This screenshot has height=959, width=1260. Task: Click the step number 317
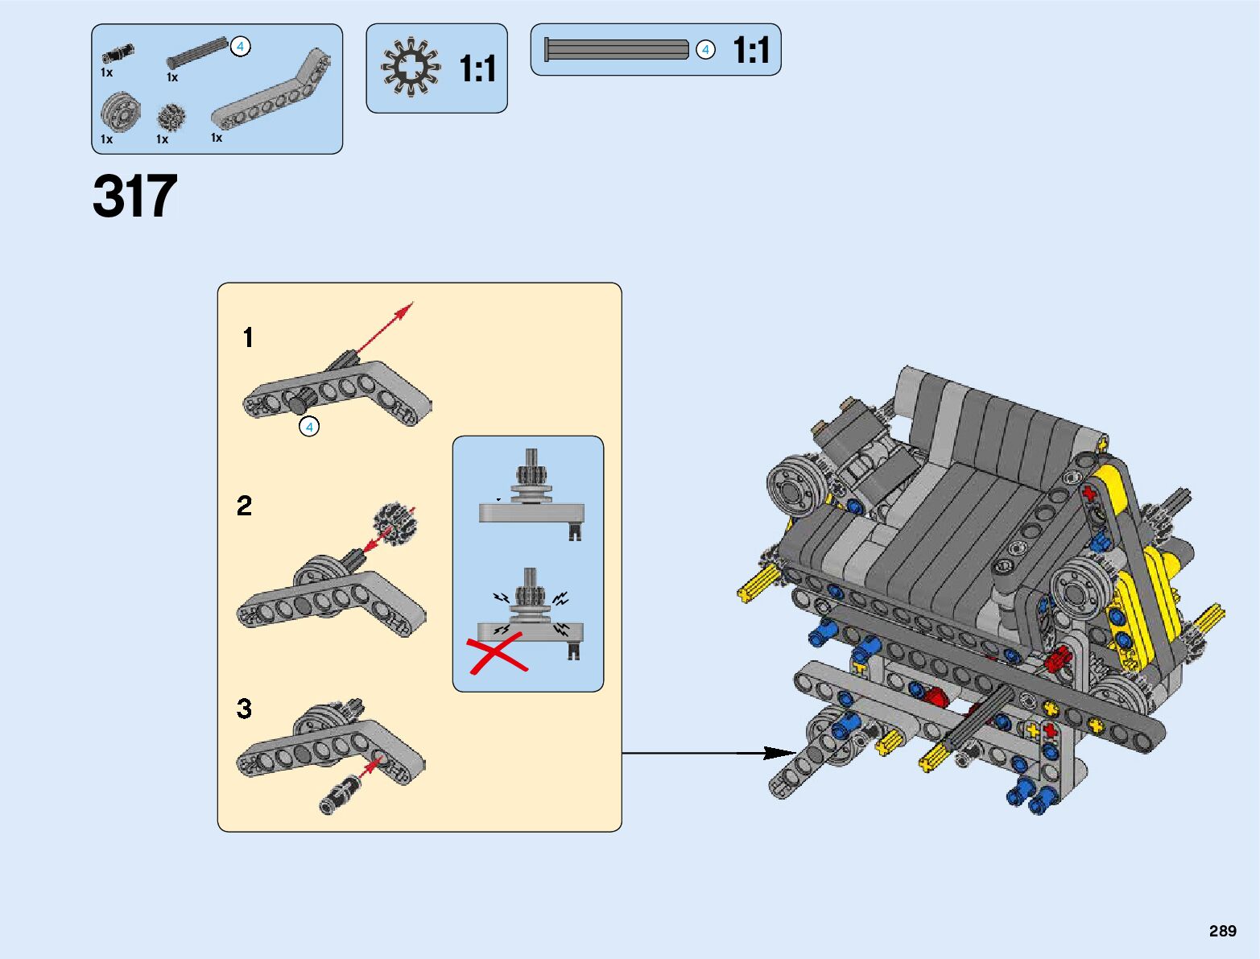[134, 196]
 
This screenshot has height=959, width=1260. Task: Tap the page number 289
[1222, 931]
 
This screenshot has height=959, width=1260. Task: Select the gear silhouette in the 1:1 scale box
[411, 68]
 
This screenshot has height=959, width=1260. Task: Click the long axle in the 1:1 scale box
[617, 50]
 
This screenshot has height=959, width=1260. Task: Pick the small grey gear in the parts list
[171, 118]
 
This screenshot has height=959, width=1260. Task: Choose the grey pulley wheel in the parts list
[120, 113]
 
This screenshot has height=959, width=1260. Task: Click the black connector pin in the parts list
[118, 55]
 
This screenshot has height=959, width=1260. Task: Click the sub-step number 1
[248, 337]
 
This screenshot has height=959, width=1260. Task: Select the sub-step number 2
[245, 506]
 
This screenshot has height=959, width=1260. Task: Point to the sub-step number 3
[245, 709]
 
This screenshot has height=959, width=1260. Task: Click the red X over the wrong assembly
[497, 653]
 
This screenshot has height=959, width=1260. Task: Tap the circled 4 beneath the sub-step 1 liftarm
[309, 427]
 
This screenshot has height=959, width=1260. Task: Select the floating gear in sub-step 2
[394, 523]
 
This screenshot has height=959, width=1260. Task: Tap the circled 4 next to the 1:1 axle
[705, 50]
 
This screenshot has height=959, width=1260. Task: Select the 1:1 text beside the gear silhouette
[477, 69]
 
